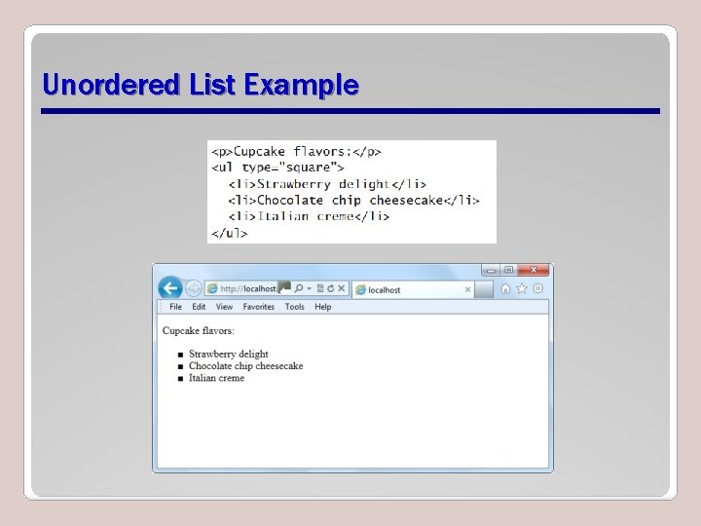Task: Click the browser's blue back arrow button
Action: [170, 288]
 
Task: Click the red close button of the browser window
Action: [533, 270]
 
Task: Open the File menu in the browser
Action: [176, 307]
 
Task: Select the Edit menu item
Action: [199, 307]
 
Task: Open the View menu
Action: [224, 307]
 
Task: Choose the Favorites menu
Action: [259, 307]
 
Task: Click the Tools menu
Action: [294, 307]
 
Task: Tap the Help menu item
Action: [323, 307]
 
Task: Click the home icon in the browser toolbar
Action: [505, 288]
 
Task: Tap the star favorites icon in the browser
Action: [522, 288]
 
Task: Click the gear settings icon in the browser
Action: [537, 288]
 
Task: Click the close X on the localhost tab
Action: [467, 289]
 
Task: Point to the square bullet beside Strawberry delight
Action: [180, 355]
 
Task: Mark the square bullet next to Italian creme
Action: [180, 378]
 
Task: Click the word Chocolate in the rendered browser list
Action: [210, 366]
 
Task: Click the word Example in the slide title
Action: [301, 86]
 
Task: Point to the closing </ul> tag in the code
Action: [230, 233]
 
